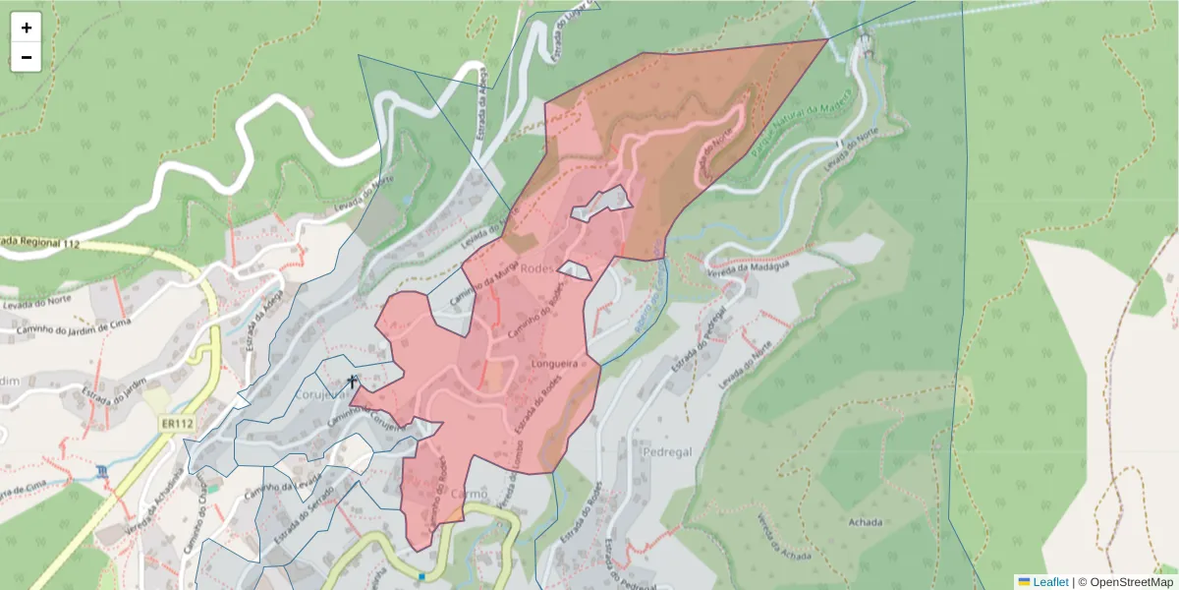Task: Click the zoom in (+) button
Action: pos(27,28)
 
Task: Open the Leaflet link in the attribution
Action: pos(1050,582)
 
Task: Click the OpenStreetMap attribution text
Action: pos(1125,582)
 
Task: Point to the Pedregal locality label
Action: pos(667,451)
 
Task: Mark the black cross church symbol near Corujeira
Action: pos(353,380)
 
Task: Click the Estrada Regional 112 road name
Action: pos(39,242)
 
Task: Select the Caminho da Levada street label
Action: pos(284,486)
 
